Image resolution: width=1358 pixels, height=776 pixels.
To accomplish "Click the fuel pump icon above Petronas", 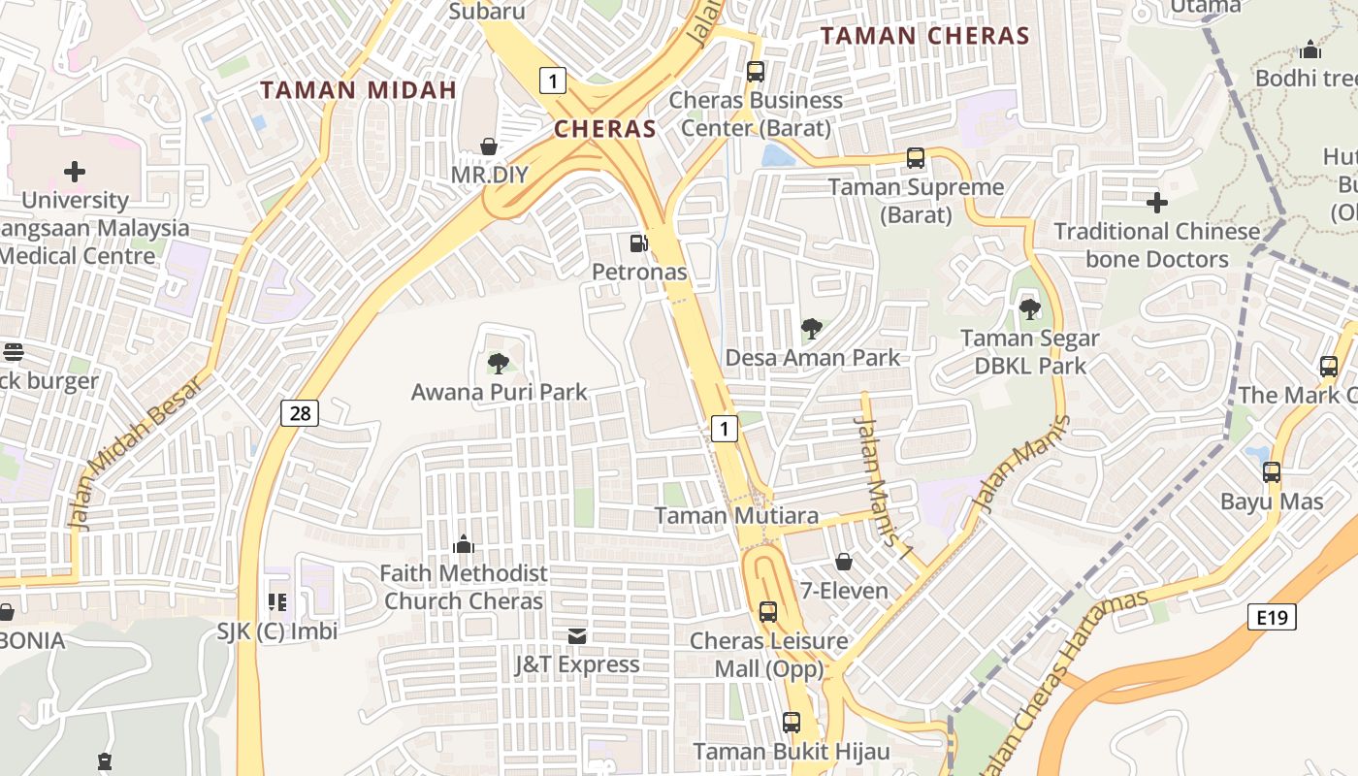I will [638, 243].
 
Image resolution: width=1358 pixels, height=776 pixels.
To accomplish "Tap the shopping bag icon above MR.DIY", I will [490, 146].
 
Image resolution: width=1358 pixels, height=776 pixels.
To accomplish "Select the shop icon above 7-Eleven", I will [844, 562].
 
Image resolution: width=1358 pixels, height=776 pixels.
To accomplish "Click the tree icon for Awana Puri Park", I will [499, 364].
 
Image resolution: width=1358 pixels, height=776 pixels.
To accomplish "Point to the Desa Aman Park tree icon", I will [812, 329].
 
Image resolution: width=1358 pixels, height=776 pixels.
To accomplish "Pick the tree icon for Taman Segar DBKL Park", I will [1029, 309].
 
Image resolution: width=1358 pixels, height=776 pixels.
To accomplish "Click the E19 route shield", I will [1272, 617].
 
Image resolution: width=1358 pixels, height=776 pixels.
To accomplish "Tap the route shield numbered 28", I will [301, 413].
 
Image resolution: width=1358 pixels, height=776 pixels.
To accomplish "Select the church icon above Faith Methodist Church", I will [464, 544].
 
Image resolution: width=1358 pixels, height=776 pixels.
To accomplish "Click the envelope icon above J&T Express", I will [577, 635].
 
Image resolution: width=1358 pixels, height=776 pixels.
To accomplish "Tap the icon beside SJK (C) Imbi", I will [277, 602].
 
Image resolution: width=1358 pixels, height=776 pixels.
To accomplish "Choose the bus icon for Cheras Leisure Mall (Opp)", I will [768, 612].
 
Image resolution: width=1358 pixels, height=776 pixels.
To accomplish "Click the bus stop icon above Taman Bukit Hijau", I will [792, 723].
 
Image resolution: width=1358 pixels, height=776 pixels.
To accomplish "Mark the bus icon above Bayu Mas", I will [1272, 472].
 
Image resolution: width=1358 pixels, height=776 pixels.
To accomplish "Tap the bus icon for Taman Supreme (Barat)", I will [916, 158].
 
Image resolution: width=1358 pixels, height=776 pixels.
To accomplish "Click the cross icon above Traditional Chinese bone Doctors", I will [1156, 203].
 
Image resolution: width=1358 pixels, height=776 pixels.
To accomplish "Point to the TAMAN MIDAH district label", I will [359, 90].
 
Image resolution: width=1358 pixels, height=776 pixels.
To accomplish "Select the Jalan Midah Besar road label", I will [136, 451].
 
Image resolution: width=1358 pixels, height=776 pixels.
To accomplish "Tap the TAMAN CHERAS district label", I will [924, 37].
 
